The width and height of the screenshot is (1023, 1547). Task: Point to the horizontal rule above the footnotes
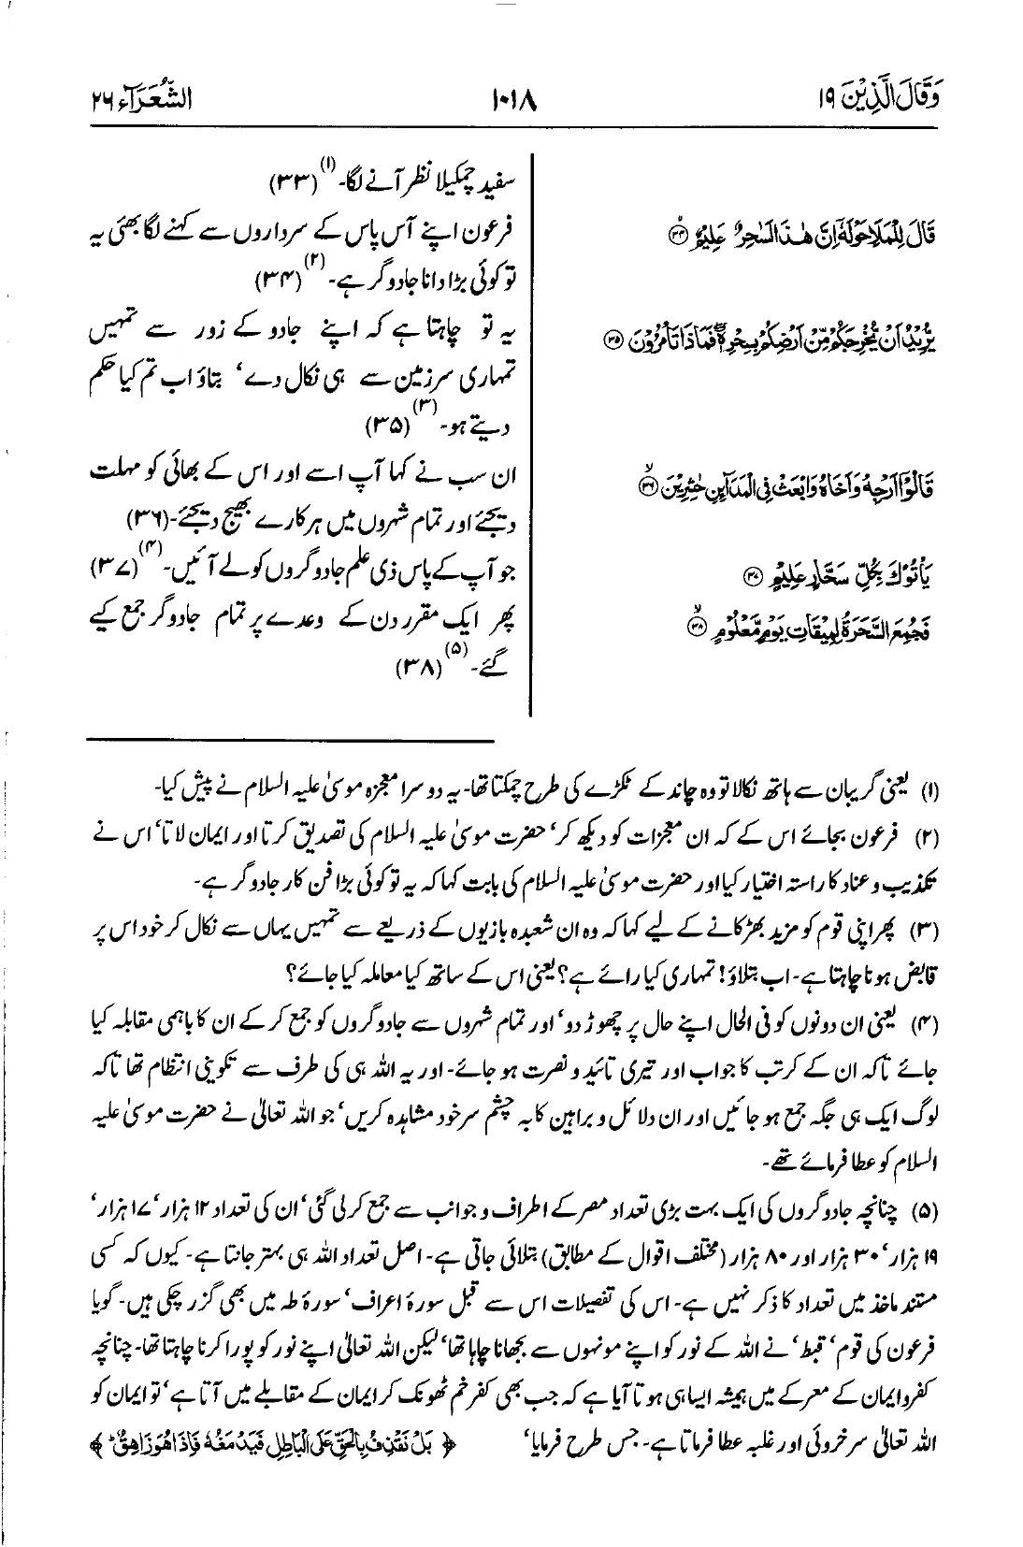click(291, 741)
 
